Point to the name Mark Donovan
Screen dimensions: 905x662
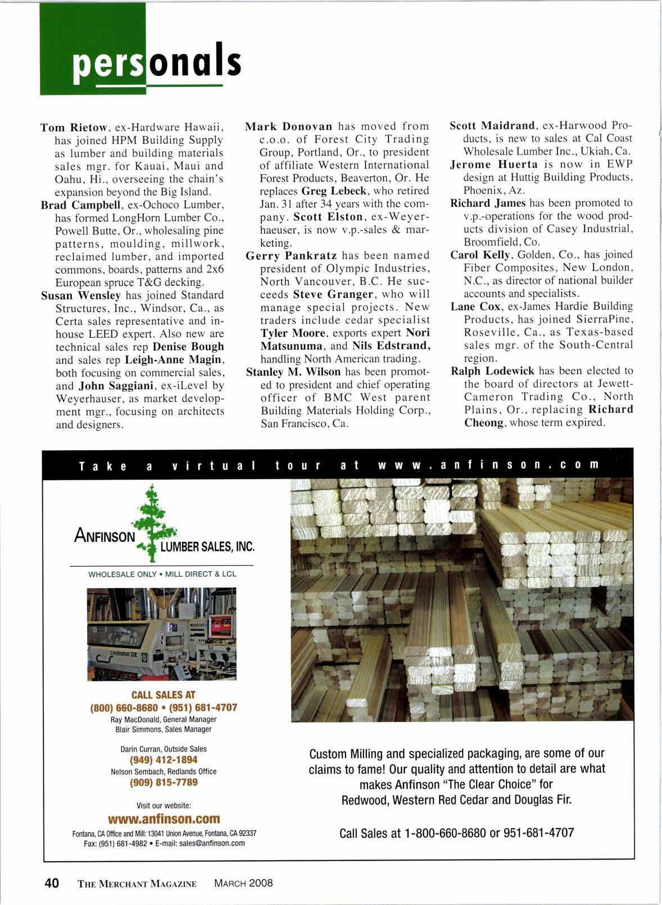[x=290, y=126]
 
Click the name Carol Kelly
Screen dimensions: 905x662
[x=479, y=255]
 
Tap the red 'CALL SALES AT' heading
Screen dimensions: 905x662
[x=163, y=695]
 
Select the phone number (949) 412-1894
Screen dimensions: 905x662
[x=164, y=760]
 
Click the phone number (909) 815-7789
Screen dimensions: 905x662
[x=164, y=782]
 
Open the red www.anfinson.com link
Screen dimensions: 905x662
[x=164, y=818]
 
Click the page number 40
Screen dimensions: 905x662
[x=52, y=883]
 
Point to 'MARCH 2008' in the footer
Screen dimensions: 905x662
[x=243, y=883]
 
